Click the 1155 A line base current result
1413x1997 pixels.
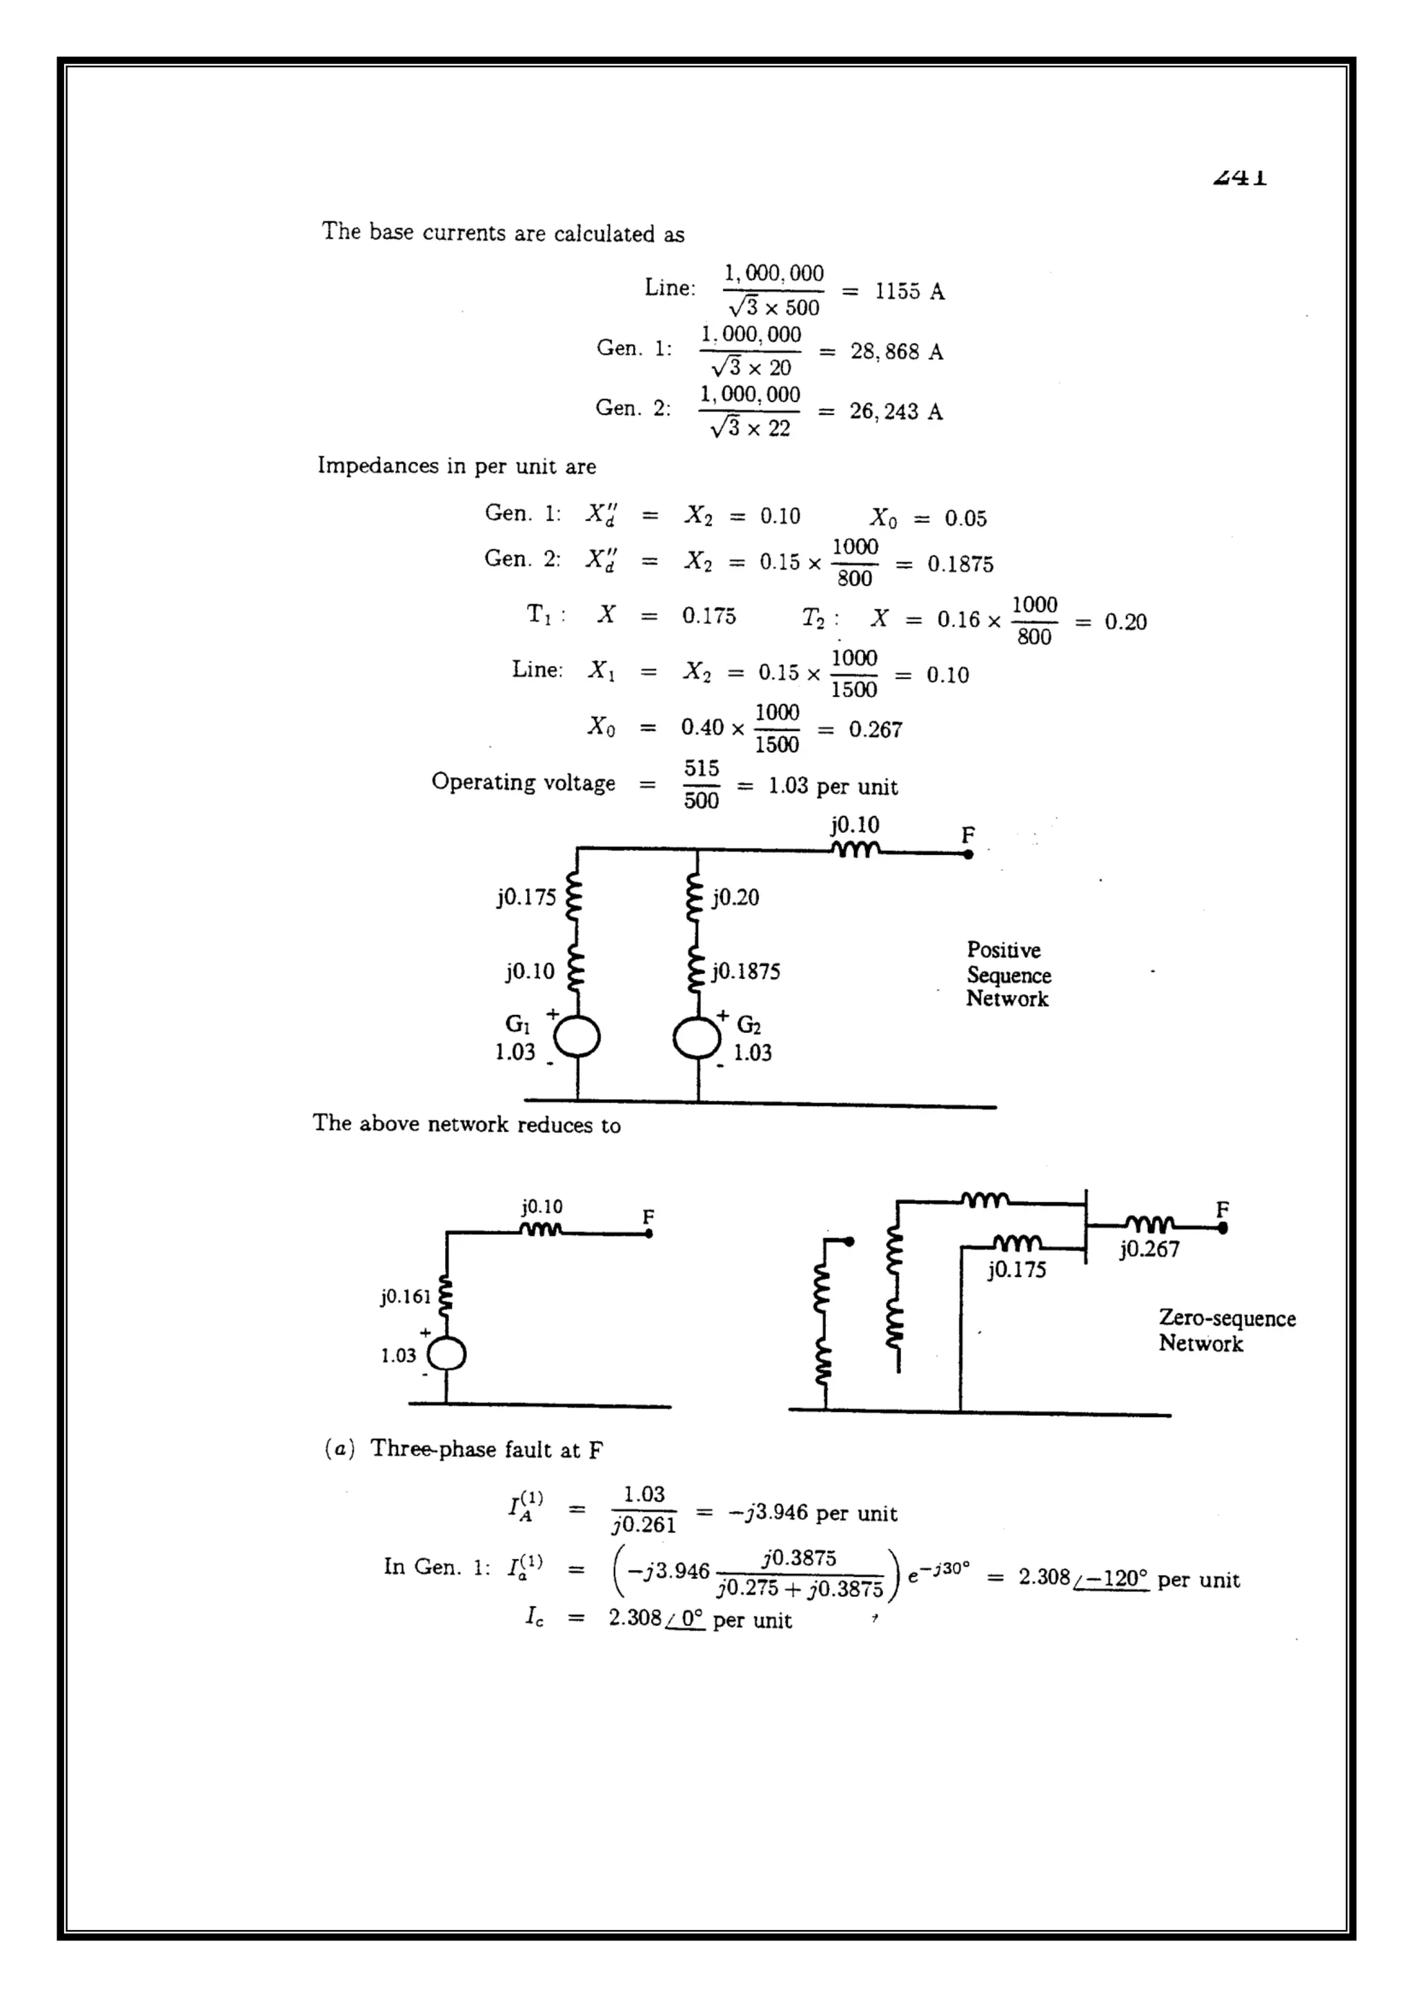coord(909,292)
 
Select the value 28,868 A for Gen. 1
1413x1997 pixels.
coord(896,352)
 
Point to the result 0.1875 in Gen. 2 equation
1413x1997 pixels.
coord(960,565)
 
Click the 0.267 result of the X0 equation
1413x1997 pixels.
coord(876,730)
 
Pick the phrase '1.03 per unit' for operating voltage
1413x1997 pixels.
coord(832,786)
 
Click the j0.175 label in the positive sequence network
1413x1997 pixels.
coord(526,898)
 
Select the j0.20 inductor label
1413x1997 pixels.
coord(735,898)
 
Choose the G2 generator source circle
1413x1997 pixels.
coord(697,1038)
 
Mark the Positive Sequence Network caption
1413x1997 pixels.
coord(1009,974)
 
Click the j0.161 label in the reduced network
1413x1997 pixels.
coord(406,1297)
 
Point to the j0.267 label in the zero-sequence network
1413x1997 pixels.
coord(1149,1250)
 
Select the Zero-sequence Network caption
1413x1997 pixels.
coord(1227,1331)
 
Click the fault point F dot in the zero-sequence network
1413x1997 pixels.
coord(1223,1228)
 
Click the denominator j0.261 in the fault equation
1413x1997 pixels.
coord(644,1525)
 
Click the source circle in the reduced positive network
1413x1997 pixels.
coord(446,1355)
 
